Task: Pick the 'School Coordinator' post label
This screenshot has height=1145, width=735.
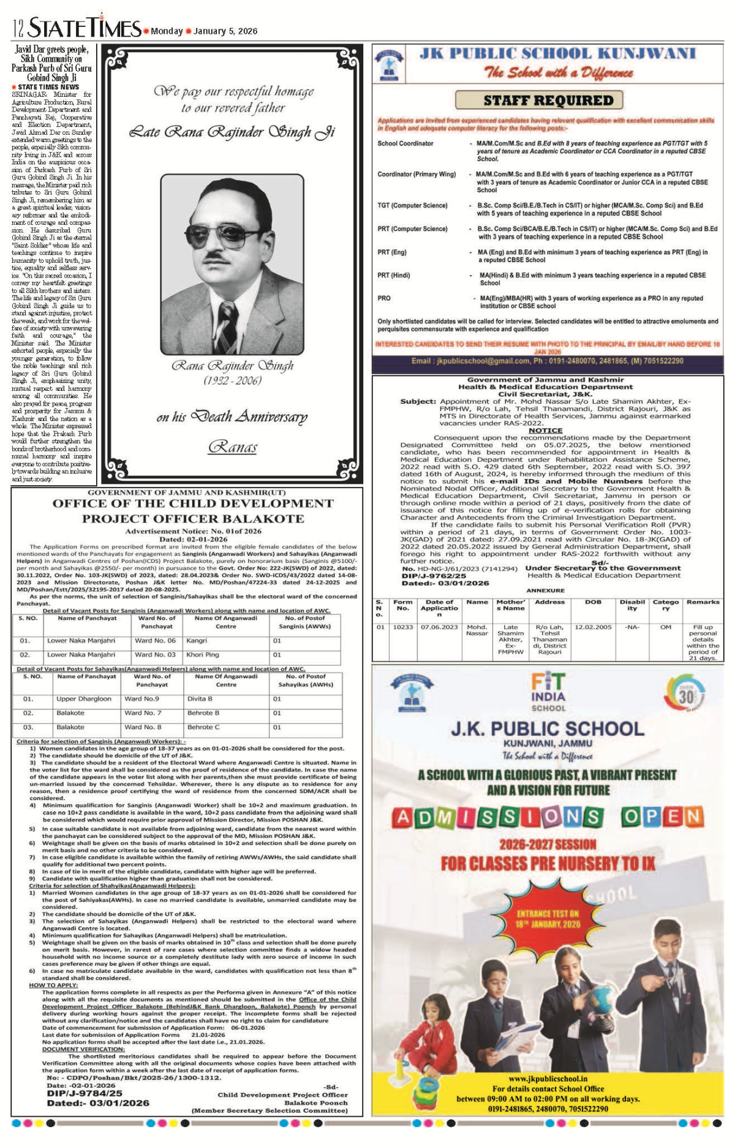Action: click(405, 143)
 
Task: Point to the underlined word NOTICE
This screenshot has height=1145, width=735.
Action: click(545, 430)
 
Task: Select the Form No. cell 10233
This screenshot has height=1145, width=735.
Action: click(402, 627)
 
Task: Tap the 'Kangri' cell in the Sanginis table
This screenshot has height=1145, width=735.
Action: click(197, 641)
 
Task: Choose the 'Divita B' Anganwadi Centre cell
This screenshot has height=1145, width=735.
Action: click(200, 698)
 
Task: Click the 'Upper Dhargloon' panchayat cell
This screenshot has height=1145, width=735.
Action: click(83, 698)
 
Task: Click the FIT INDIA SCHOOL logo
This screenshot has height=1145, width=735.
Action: click(548, 692)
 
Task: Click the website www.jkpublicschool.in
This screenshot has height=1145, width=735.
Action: click(548, 1079)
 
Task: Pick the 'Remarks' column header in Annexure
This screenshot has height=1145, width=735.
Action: click(703, 602)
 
